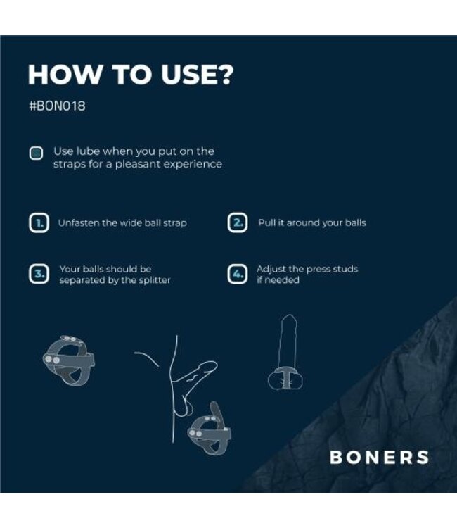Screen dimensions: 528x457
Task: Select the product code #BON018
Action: (x=57, y=108)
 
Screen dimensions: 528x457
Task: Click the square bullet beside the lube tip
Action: (x=36, y=153)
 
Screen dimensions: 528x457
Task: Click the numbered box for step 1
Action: (x=39, y=223)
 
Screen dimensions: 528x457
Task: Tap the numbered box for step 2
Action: (x=238, y=223)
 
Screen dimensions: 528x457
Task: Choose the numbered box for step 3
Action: (x=39, y=274)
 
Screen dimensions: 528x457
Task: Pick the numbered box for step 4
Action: (x=238, y=274)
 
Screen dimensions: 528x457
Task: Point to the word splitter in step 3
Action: (x=153, y=280)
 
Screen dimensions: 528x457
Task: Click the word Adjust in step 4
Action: (x=272, y=269)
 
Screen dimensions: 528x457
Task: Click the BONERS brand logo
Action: (x=379, y=457)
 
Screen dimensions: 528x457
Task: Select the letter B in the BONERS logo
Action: (x=336, y=457)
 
